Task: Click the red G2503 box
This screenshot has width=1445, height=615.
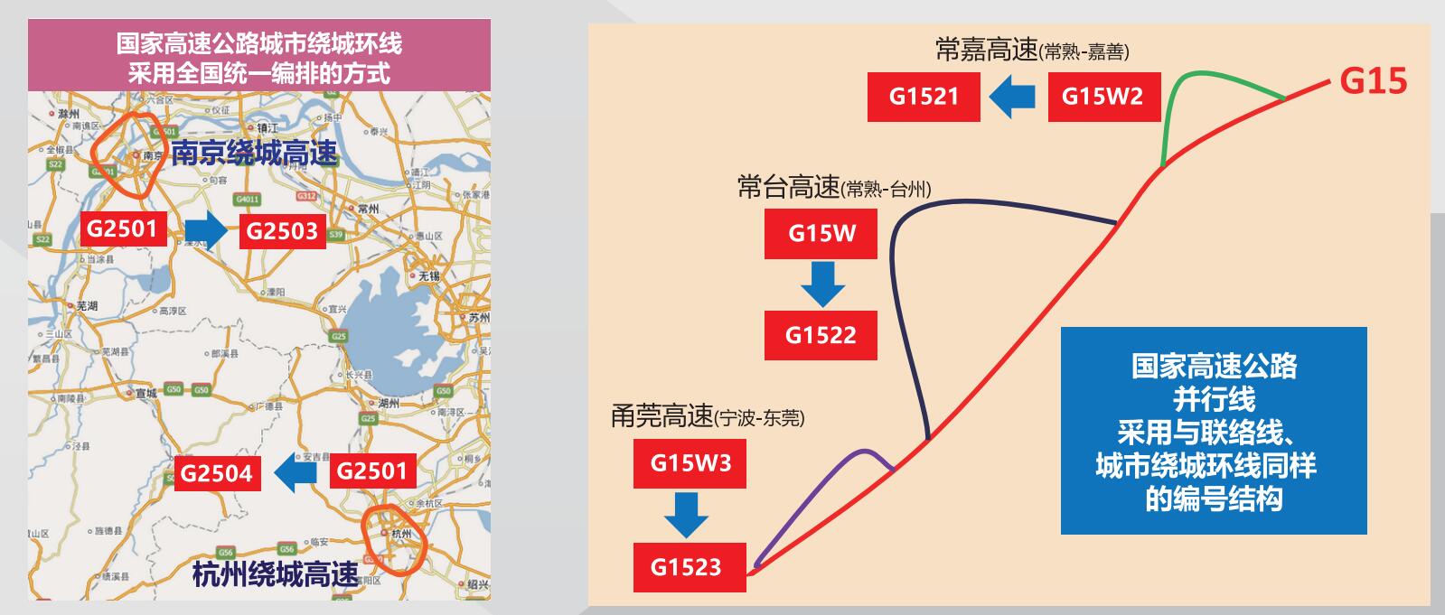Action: pos(282,231)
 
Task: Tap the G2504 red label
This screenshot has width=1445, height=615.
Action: pos(216,473)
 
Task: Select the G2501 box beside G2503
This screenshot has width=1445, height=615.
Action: pos(122,228)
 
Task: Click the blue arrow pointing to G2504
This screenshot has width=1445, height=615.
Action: pos(296,471)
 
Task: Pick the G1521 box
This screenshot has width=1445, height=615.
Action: pos(924,97)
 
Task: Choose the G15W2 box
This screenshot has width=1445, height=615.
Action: pos(1103,97)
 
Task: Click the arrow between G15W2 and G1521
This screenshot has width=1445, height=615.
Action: pos(1012,97)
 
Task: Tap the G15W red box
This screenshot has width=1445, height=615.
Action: pos(821,234)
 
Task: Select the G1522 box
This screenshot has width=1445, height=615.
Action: pos(821,335)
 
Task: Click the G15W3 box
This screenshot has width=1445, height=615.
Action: pos(690,463)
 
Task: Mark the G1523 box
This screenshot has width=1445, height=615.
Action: pos(689,567)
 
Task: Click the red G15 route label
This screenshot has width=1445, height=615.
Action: pos(1373,81)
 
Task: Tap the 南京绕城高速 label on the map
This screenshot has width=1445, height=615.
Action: pos(255,154)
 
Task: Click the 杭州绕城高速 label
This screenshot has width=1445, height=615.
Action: pos(275,574)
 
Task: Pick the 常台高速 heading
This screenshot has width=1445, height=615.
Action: pos(788,188)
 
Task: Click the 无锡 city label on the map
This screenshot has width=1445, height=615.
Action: pos(427,275)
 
